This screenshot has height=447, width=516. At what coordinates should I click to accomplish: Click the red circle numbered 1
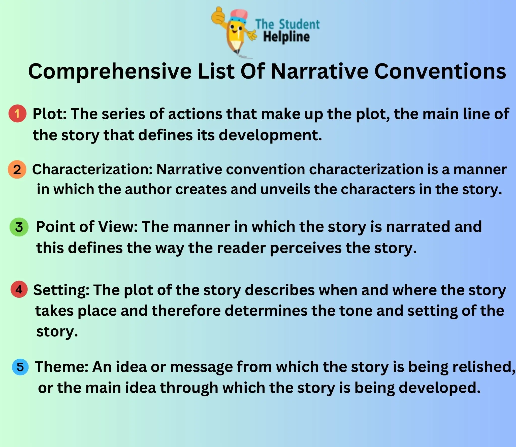pos(17,114)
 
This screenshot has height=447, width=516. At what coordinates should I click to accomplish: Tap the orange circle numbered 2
pos(17,169)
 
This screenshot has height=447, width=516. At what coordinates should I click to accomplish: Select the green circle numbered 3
pos(19,227)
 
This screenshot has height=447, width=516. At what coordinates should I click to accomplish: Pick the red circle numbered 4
pos(19,289)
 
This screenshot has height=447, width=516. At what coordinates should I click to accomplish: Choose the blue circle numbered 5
pos(20,367)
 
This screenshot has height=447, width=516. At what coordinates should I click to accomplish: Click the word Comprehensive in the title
pos(110,72)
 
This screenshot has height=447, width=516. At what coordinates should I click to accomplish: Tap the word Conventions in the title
pos(440,71)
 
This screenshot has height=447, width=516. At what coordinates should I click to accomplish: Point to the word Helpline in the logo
pos(286,37)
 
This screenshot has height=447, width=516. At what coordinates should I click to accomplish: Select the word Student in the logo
pos(299,24)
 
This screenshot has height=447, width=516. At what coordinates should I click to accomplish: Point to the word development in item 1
pos(270,135)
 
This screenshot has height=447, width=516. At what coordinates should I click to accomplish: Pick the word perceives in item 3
pos(305,248)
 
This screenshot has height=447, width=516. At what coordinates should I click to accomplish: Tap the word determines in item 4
pos(266,311)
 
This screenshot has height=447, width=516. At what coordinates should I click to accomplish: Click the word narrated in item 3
pos(418,227)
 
